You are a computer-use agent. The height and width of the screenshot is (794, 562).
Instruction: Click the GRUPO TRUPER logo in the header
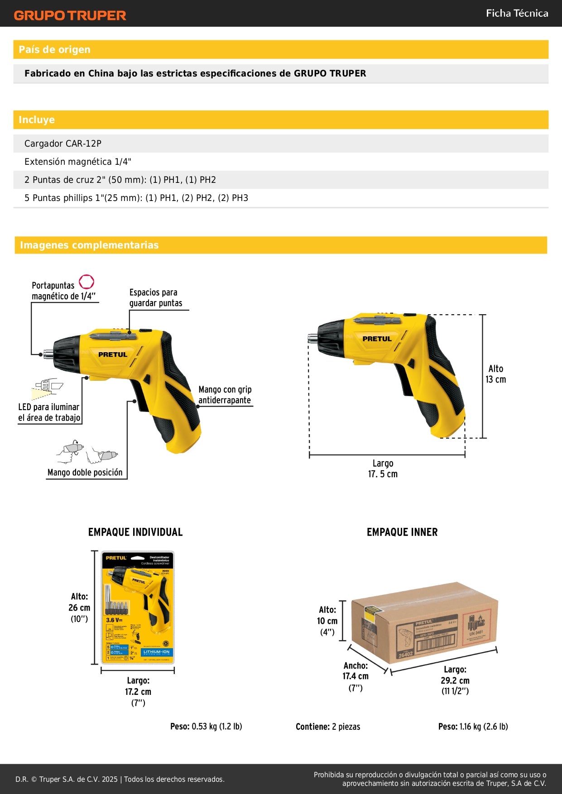pos(70,15)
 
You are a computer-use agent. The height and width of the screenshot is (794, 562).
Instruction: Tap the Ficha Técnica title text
pos(517,13)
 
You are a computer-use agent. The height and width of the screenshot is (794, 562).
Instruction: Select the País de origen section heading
pos(54,49)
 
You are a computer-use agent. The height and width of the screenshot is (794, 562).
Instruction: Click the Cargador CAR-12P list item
pos(63,143)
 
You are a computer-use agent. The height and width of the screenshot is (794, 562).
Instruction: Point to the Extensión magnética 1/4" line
pos(78,162)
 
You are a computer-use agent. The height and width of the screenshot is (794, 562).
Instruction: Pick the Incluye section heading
pos(37,120)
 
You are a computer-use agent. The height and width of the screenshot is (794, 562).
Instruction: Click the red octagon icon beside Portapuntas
pos(86,282)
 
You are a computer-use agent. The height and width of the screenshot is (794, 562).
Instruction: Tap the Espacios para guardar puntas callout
pos(155,297)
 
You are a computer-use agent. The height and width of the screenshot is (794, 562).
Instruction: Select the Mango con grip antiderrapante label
pos(225,395)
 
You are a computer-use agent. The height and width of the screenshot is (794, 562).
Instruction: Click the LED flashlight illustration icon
pos(47,387)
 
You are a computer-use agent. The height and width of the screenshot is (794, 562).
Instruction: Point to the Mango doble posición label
pos(85,472)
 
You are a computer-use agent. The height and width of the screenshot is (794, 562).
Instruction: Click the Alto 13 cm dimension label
pos(495,374)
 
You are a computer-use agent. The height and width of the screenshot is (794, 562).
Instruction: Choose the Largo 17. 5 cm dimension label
pos(383,469)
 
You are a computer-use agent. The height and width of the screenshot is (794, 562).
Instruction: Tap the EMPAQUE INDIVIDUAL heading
pos(135,532)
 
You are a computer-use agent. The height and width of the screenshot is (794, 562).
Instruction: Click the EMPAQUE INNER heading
pos(402,532)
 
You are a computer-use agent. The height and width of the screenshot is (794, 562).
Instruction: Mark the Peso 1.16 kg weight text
pos(473,727)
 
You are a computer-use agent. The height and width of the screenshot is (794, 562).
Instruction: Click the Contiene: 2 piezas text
pos(328,727)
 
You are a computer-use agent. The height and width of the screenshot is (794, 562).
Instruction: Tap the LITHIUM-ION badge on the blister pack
pos(156,652)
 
